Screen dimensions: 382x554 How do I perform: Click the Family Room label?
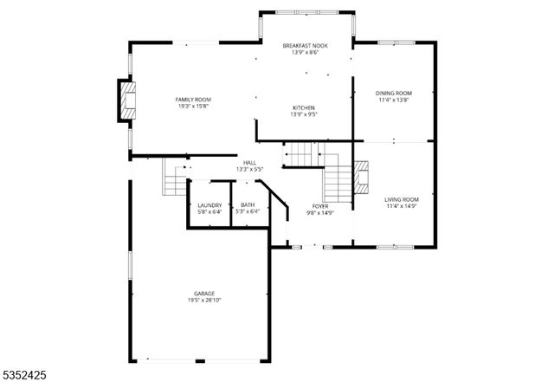click(194, 100)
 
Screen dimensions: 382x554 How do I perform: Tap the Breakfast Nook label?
click(305, 45)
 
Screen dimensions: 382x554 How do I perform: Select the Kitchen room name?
click(305, 107)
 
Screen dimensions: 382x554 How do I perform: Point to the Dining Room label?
click(393, 93)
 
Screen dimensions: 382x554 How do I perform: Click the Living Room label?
click(401, 199)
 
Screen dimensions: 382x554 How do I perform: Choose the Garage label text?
click(204, 293)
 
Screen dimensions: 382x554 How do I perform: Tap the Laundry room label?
click(209, 204)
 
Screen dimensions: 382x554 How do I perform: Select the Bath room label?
click(248, 204)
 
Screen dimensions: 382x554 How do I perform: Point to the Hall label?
click(249, 162)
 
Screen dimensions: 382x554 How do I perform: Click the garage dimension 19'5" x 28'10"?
click(204, 300)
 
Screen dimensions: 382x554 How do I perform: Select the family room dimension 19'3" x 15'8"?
click(194, 107)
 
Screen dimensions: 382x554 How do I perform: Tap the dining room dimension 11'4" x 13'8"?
click(393, 100)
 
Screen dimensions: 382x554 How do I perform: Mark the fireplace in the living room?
click(362, 176)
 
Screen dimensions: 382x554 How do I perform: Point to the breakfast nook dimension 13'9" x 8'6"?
click(305, 52)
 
